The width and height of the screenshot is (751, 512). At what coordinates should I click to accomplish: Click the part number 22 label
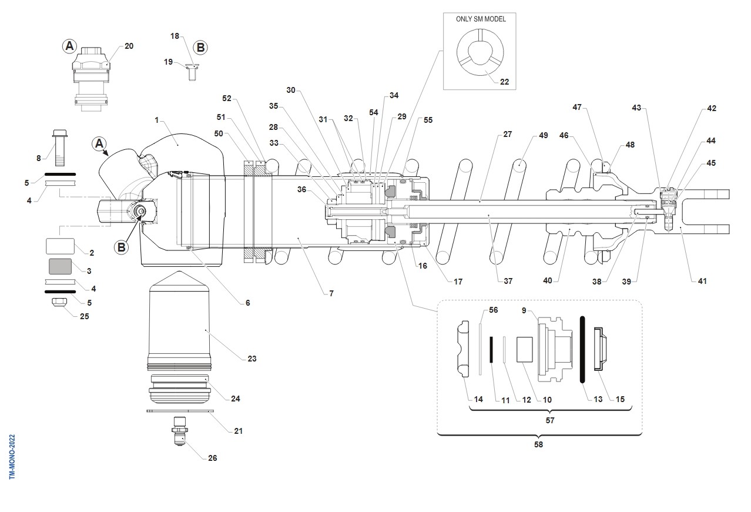(504, 82)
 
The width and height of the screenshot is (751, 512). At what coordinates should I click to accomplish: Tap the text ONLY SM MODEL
(480, 19)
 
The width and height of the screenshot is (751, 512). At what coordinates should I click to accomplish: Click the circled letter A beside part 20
(69, 45)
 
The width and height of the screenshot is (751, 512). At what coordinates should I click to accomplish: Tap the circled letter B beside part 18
(200, 47)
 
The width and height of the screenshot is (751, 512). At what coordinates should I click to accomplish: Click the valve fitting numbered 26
(180, 433)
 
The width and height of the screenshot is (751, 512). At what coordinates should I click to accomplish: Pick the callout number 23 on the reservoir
(252, 358)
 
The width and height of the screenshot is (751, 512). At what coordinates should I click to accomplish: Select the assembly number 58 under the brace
(538, 444)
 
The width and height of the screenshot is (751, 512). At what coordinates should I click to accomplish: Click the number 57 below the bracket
(550, 420)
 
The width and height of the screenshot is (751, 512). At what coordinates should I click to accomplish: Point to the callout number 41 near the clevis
(700, 281)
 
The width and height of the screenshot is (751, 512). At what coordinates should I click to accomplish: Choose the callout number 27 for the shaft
(507, 134)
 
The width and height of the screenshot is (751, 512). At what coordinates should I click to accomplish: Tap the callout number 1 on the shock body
(157, 120)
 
